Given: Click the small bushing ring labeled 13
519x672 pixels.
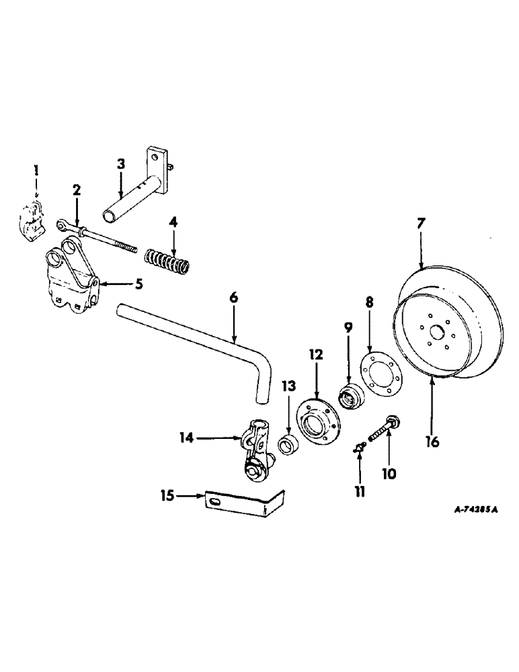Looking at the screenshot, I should tap(289, 445).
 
